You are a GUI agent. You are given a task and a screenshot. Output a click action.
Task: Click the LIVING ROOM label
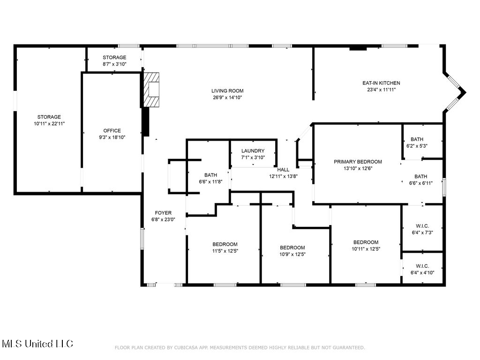(227, 90)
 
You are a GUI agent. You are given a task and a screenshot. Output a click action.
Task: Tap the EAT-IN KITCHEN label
(381, 83)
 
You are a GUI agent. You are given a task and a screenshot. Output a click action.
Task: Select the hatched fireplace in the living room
(151, 90)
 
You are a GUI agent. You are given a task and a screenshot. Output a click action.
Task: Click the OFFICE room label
(112, 131)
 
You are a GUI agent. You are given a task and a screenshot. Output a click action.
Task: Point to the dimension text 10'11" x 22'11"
(49, 124)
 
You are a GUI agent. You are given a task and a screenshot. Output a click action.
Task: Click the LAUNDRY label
(253, 150)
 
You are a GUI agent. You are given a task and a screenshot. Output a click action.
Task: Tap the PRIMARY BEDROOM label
(358, 162)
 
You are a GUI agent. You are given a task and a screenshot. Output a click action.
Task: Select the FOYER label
(163, 213)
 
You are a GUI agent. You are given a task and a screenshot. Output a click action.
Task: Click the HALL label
(283, 170)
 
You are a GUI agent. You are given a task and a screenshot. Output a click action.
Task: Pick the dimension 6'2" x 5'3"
(417, 146)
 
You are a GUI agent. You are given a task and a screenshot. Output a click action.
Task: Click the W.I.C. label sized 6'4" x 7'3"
(422, 226)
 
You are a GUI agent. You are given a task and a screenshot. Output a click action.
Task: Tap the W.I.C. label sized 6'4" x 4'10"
(422, 266)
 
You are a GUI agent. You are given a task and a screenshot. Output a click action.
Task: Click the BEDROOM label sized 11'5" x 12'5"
(225, 244)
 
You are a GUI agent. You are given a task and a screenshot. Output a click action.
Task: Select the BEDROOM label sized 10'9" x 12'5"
(292, 247)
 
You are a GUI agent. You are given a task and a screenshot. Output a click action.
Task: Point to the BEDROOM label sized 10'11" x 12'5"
(366, 242)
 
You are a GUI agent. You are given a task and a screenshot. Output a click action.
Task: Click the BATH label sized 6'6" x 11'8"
(210, 175)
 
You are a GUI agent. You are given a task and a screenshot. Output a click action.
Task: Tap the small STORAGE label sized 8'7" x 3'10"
(114, 57)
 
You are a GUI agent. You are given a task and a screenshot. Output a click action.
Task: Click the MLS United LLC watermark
(37, 344)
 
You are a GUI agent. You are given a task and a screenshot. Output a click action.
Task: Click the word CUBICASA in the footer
(187, 347)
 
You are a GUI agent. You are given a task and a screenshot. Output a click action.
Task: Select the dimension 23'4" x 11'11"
(382, 90)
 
